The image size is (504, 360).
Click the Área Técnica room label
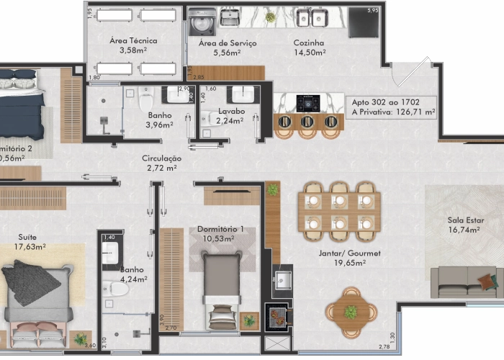pos(133,40)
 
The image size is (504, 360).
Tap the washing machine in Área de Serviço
pos(200,23)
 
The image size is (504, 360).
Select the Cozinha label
pos(309,42)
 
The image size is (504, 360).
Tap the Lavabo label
pos(232,112)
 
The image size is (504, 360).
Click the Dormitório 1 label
pos(221,229)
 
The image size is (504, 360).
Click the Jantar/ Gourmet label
pos(349,253)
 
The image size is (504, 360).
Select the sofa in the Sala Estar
pos(464,282)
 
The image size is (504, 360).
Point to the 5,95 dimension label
pos(372,11)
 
